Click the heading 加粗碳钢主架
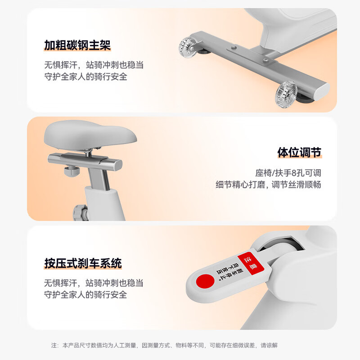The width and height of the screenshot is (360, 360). [x=77, y=45]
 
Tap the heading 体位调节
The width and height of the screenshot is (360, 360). [x=299, y=152]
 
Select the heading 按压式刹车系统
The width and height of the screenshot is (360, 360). [x=83, y=263]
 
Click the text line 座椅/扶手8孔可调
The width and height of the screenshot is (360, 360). [x=288, y=173]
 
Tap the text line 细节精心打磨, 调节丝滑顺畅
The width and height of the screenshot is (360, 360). [x=268, y=184]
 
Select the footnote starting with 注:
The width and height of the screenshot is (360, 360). [x=164, y=346]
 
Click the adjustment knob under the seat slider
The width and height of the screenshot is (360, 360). [x=71, y=171]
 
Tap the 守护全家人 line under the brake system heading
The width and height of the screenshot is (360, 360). [x=85, y=295]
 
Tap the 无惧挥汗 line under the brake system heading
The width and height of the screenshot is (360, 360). [x=94, y=283]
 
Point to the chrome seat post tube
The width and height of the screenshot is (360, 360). [x=96, y=178]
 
